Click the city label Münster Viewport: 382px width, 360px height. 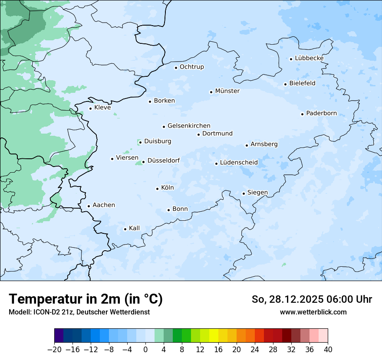tap(227, 91)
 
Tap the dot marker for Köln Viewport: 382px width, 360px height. tap(157, 189)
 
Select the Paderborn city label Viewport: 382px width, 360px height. tap(321, 114)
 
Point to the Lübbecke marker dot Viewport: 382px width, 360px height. tap(291, 59)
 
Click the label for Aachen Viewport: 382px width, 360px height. tap(104, 205)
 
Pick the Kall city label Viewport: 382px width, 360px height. tap(134, 228)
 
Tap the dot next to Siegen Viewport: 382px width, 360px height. tap(244, 193)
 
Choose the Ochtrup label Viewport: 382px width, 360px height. tap(191, 67)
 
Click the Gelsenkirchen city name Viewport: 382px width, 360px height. tap(189, 126)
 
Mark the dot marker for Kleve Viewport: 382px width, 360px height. tap(90, 108)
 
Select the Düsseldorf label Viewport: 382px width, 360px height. tap(163, 161)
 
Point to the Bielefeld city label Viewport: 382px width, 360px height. tap(302, 83)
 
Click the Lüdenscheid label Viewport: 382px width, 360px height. tap(239, 163)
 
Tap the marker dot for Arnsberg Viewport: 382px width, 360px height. tap(247, 145)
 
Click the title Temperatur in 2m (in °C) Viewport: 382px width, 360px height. tap(86, 299)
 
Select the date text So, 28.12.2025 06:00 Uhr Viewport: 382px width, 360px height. tap(312, 299)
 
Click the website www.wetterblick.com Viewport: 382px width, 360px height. tap(313, 312)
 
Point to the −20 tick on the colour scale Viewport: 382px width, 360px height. tap(54, 350)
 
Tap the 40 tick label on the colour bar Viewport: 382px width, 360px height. tap(328, 350)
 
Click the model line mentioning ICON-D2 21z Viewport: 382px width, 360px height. tap(79, 312)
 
